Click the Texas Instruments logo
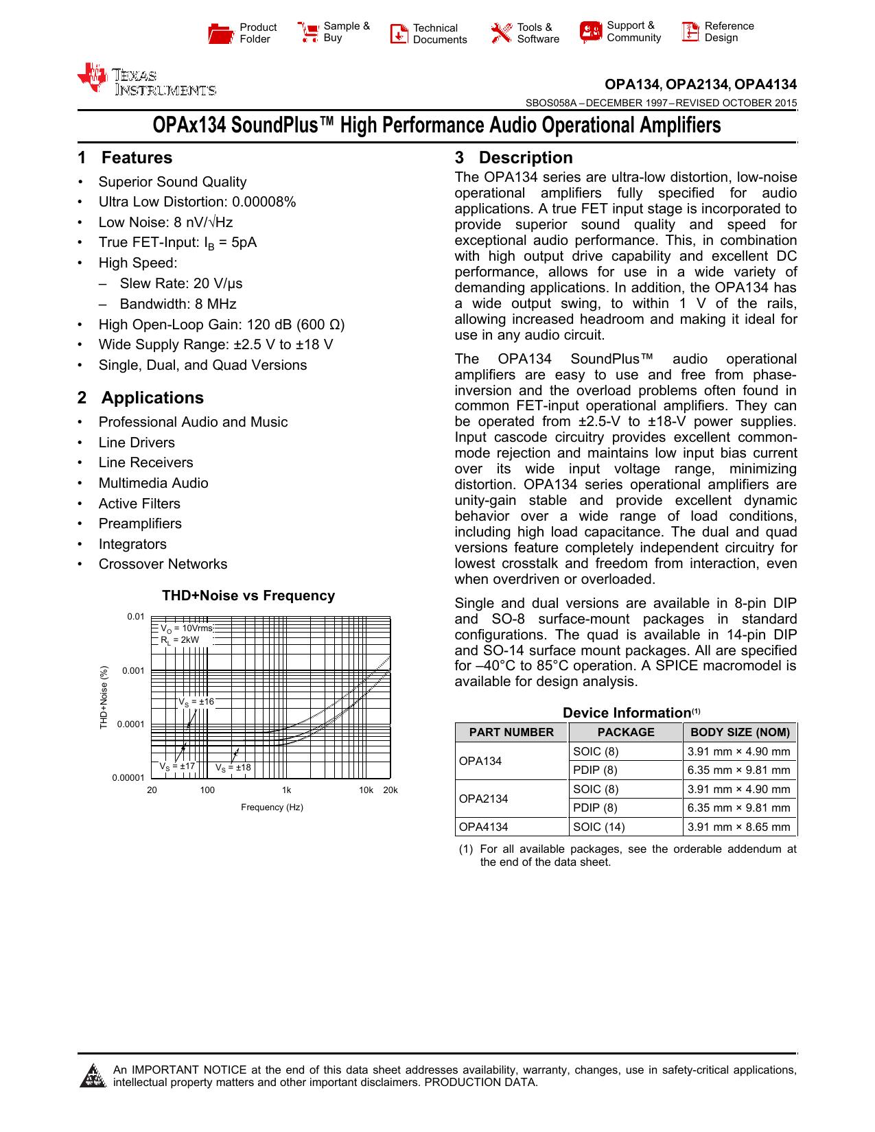pyautogui.click(x=146, y=80)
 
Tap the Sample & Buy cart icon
pyautogui.click(x=308, y=32)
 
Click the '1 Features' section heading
pyautogui.click(x=125, y=158)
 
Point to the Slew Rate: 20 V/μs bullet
pyautogui.click(x=180, y=283)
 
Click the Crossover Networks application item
pyautogui.click(x=163, y=564)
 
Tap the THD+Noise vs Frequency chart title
pyautogui.click(x=248, y=596)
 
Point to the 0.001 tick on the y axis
pyautogui.click(x=133, y=670)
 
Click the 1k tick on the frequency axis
pyautogui.click(x=286, y=790)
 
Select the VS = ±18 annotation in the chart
pyautogui.click(x=233, y=768)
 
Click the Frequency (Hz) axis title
pyautogui.click(x=272, y=807)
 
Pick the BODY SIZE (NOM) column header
pyautogui.click(x=740, y=732)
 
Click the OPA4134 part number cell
pyautogui.click(x=483, y=827)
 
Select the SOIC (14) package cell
pyautogui.click(x=598, y=827)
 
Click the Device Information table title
pyautogui.click(x=626, y=713)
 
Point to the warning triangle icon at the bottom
pyautogui.click(x=92, y=1076)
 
